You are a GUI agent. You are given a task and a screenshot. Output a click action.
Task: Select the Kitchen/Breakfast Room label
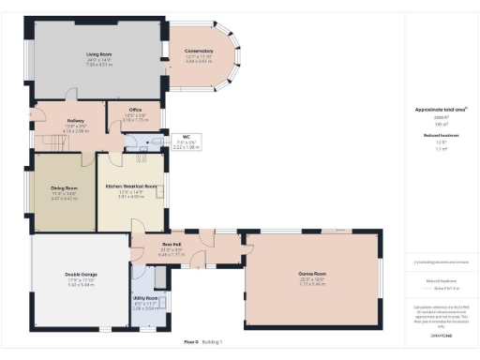(x=130, y=187)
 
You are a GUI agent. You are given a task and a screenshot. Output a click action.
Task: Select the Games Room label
(x=311, y=275)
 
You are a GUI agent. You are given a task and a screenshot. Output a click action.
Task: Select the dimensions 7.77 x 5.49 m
(x=311, y=285)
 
